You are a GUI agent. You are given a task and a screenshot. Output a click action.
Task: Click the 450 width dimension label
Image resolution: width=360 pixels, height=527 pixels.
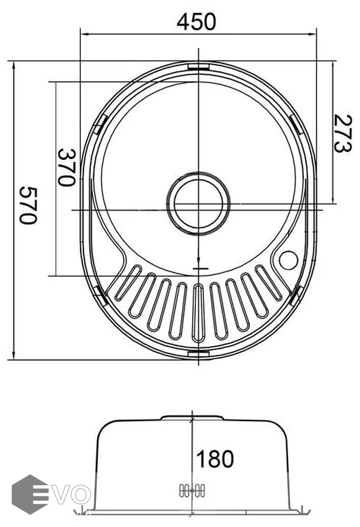pos(196,22)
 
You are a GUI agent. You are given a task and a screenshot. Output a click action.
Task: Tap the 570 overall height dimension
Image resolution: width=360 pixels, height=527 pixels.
pos(28,205)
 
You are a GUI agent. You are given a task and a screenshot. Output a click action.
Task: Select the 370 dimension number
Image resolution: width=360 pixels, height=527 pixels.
pos(66,167)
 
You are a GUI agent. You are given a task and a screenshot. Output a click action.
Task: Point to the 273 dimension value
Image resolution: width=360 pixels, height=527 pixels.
pos(342,134)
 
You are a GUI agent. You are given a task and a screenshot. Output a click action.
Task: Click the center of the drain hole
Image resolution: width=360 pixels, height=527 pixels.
pos(198,204)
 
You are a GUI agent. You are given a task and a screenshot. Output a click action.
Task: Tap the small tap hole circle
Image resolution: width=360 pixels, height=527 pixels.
pos(289,261)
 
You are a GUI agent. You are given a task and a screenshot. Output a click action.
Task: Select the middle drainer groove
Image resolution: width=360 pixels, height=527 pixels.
pos(198,313)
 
